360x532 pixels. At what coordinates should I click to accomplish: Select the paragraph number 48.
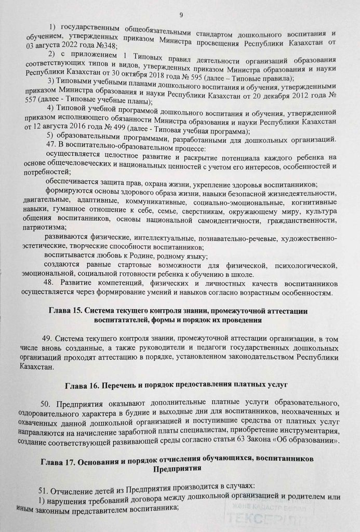(51, 284)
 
